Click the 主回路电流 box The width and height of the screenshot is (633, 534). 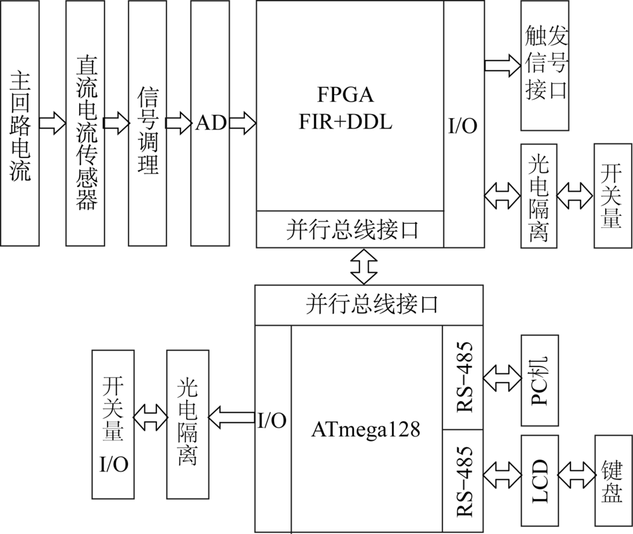pyautogui.click(x=20, y=123)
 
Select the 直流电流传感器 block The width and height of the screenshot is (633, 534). pyautogui.click(x=86, y=123)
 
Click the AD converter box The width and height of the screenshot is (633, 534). pyautogui.click(x=211, y=123)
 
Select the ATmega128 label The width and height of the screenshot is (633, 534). pyautogui.click(x=366, y=430)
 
